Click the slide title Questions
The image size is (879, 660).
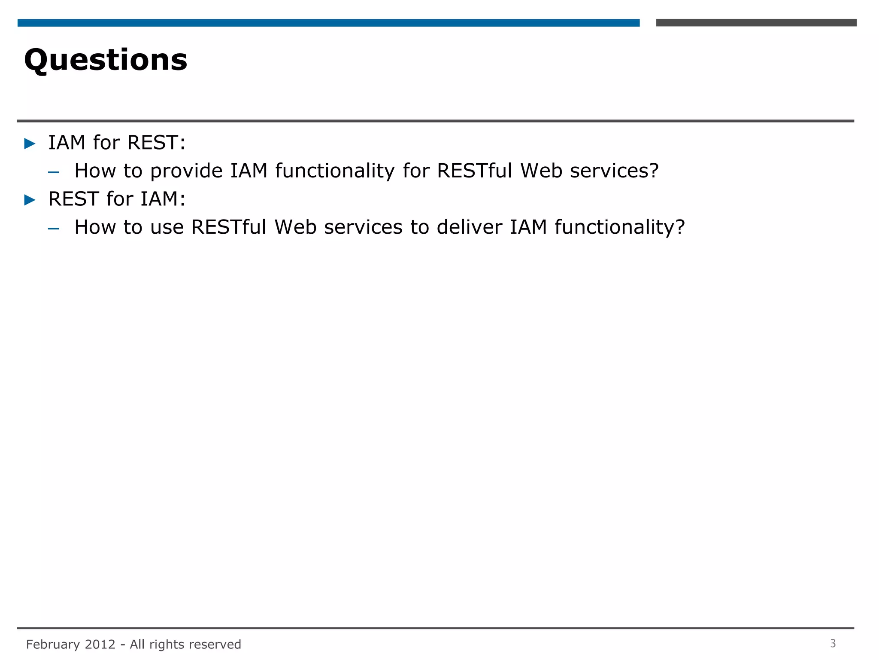(106, 60)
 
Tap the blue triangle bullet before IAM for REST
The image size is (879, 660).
(30, 144)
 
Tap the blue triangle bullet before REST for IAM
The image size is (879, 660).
(30, 200)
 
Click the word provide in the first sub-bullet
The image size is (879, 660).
(186, 171)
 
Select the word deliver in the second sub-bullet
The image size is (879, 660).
(469, 227)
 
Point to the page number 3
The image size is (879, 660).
(833, 643)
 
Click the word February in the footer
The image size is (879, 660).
(53, 645)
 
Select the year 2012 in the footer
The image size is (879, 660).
(100, 644)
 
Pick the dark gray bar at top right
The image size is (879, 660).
(756, 23)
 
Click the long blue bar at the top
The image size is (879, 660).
(328, 23)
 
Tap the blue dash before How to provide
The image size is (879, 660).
(54, 173)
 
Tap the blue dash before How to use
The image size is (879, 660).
(54, 229)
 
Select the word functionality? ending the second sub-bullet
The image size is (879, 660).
(619, 227)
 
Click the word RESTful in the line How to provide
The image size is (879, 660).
(475, 171)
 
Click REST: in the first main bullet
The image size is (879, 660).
(156, 143)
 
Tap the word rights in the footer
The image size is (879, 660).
(168, 645)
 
